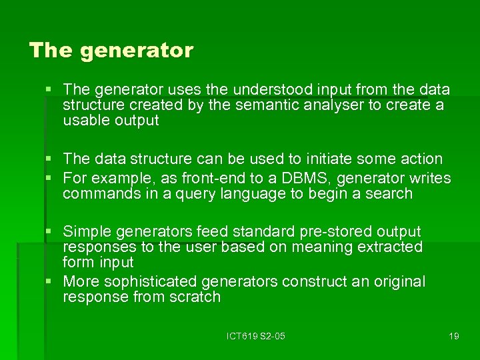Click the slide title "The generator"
[x=111, y=51]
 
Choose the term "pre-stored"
[x=338, y=232]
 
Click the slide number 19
[x=453, y=336]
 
